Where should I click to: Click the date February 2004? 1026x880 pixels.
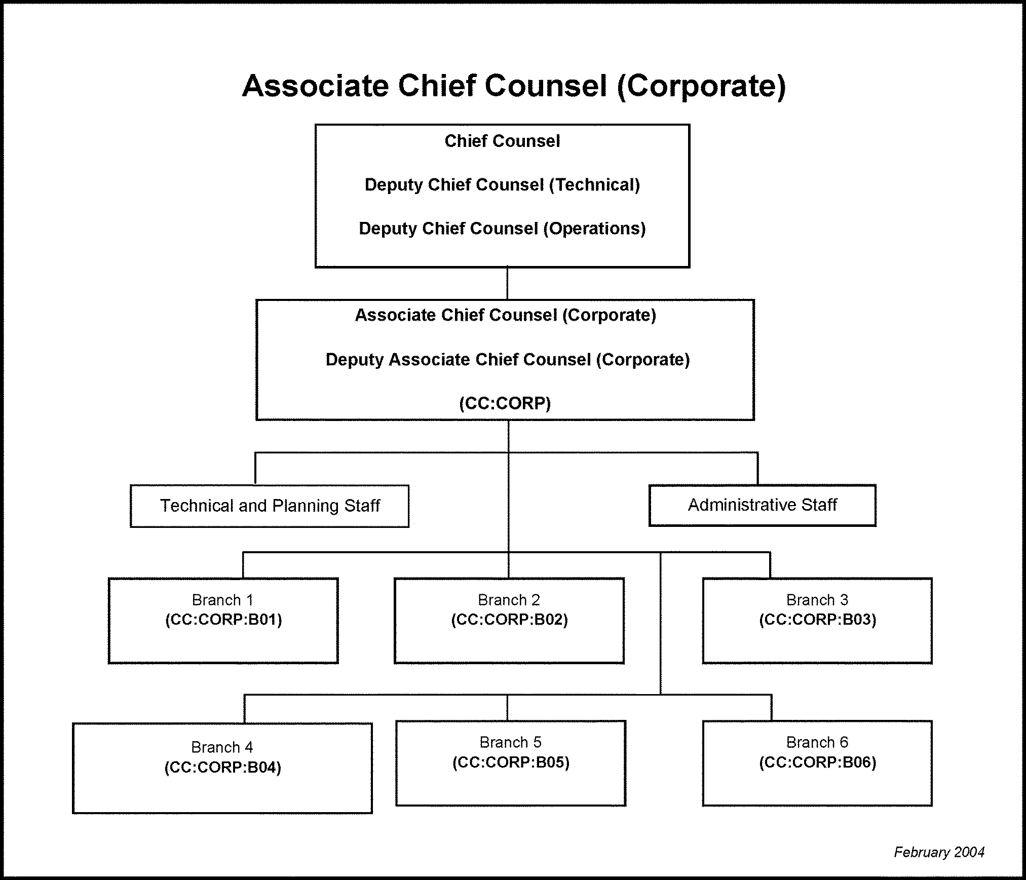click(x=939, y=852)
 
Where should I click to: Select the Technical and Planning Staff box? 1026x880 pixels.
click(x=270, y=506)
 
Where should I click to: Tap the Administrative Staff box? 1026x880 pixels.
click(x=762, y=505)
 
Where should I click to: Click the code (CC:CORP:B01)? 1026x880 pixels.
click(x=223, y=620)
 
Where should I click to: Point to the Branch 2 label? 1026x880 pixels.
click(x=509, y=600)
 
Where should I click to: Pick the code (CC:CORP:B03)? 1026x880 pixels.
click(x=817, y=620)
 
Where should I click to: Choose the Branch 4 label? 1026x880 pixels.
click(x=222, y=747)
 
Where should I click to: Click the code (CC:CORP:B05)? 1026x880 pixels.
click(x=511, y=762)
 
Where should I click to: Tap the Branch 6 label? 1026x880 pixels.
click(x=817, y=742)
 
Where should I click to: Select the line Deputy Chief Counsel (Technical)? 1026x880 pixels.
click(x=502, y=185)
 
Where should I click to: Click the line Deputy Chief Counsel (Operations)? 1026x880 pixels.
click(x=502, y=228)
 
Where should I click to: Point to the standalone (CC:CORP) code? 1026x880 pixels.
click(x=505, y=403)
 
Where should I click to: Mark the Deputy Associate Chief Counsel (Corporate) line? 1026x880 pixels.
click(x=507, y=360)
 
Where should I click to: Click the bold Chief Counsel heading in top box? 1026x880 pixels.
click(x=502, y=141)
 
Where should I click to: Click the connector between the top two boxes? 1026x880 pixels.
click(x=507, y=283)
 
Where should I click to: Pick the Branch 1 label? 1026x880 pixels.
click(x=222, y=600)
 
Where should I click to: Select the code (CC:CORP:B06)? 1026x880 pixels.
click(x=817, y=762)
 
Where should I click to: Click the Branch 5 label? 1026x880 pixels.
click(x=510, y=742)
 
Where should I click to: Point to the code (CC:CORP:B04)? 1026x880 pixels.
click(x=222, y=768)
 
